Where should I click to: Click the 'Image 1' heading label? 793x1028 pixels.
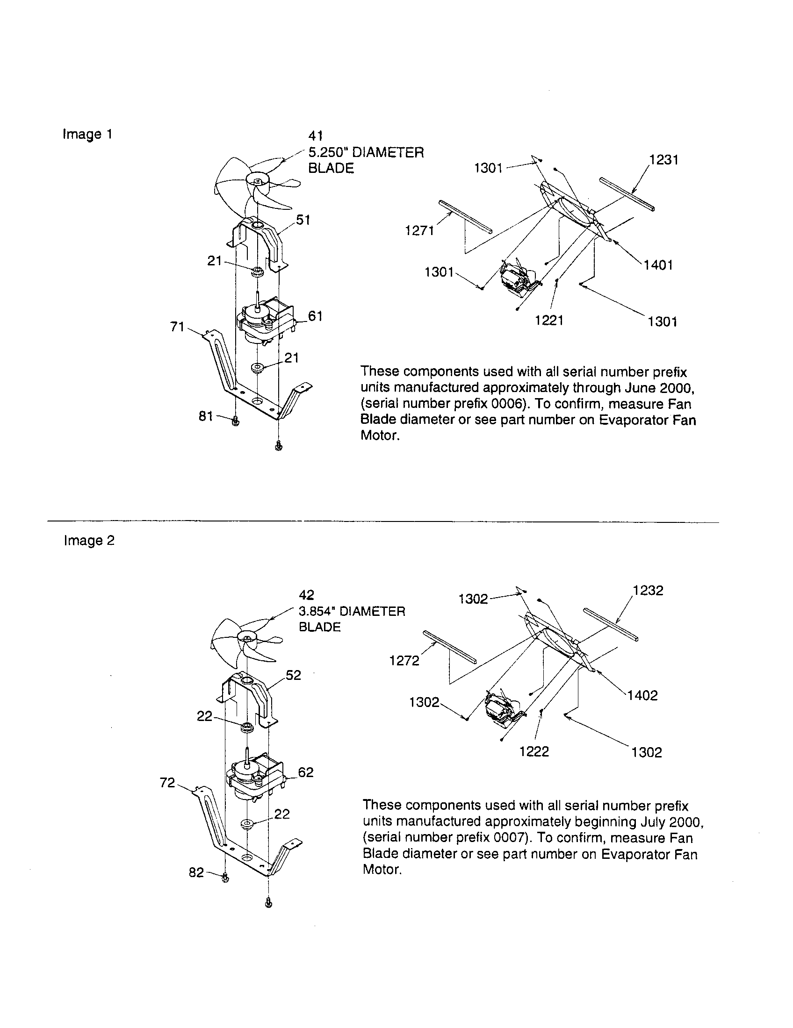tap(87, 135)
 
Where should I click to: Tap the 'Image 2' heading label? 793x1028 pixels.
tap(89, 540)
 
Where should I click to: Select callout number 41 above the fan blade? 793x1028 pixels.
tap(316, 136)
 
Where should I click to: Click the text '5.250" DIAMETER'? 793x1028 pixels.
tap(366, 152)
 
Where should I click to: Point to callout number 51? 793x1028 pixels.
tap(303, 220)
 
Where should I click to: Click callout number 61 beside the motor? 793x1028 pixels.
tap(315, 316)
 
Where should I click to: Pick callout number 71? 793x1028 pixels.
tap(178, 327)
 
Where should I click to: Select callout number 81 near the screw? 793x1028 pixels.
tap(206, 416)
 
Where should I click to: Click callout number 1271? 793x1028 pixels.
tap(419, 231)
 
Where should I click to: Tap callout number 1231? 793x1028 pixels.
tap(663, 160)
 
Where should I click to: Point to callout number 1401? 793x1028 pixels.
tap(658, 265)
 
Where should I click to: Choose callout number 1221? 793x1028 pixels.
tap(549, 321)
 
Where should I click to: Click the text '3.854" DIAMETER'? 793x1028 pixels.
tap(352, 612)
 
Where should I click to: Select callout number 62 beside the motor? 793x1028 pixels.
tap(306, 772)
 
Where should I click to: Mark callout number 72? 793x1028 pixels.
tap(168, 783)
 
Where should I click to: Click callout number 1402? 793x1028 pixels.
tap(643, 695)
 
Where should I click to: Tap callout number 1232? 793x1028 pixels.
tap(648, 591)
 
